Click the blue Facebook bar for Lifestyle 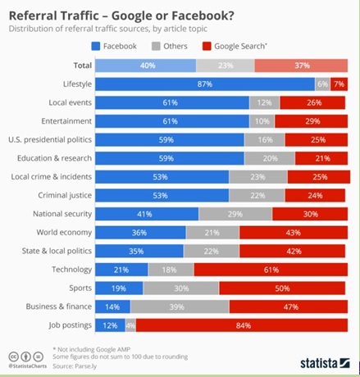click(205, 84)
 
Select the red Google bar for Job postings click(243, 325)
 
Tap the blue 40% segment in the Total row click(146, 66)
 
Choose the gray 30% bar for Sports click(181, 288)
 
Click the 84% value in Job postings click(243, 325)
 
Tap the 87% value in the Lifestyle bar click(205, 84)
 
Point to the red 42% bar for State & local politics click(294, 250)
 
